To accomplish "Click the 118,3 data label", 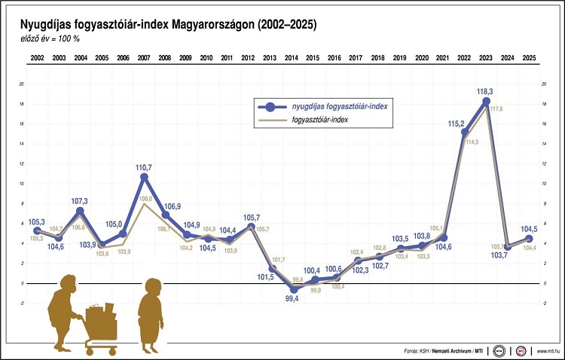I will (485, 92).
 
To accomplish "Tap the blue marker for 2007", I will (144, 177).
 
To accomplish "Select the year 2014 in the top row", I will (292, 57).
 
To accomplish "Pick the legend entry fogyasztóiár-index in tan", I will (325, 120).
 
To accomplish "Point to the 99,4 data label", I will (291, 299).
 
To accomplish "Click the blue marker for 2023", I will (486, 101).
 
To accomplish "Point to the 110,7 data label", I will (144, 166).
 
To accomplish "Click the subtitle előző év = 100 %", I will (50, 39).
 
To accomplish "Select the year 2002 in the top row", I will (37, 57).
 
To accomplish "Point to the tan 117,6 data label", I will (496, 109).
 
